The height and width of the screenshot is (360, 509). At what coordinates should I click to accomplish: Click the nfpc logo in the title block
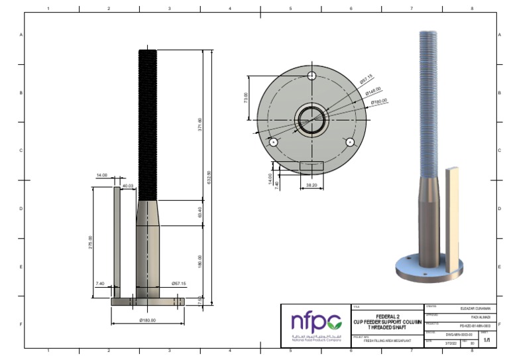pyautogui.click(x=315, y=323)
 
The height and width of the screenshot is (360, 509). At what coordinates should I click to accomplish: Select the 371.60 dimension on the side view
pyautogui.click(x=200, y=125)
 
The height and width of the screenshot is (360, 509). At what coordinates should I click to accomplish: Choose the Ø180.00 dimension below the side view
pyautogui.click(x=146, y=320)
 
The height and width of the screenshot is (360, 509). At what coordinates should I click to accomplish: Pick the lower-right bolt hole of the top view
pyautogui.click(x=349, y=142)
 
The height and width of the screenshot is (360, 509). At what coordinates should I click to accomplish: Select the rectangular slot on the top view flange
pyautogui.click(x=311, y=164)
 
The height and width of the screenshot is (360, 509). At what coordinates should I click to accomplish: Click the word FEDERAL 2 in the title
pyautogui.click(x=387, y=316)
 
